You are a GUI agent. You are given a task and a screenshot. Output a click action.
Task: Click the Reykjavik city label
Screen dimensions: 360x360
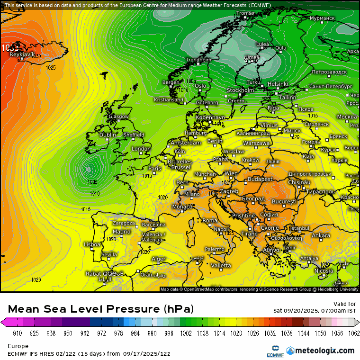pos(22,54)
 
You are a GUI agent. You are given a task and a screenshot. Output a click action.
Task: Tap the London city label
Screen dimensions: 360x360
pos(141,149)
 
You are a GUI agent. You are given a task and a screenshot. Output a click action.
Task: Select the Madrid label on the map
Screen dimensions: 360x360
pos(122,232)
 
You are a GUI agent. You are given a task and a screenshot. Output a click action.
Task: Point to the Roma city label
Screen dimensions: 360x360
pos(210,220)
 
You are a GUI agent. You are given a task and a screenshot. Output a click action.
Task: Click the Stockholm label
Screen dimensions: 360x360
pos(240,90)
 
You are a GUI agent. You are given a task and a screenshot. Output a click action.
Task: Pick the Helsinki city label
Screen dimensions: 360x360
pos(278,84)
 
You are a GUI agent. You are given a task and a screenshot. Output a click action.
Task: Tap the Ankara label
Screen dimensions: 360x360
pos(321,235)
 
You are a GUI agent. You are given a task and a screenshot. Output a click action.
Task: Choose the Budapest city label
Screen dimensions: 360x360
pos(260,179)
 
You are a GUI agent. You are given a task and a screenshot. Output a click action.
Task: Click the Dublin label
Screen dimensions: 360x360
pos(108,135)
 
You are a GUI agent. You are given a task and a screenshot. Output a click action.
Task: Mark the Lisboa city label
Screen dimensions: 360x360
pos(92,244)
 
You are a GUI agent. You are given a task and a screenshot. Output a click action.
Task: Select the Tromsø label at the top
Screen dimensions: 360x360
pos(245,13)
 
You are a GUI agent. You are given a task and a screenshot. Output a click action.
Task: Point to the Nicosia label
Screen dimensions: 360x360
pos(324,271)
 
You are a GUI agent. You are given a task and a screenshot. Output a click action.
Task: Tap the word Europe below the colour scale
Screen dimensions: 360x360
pos(18,346)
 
